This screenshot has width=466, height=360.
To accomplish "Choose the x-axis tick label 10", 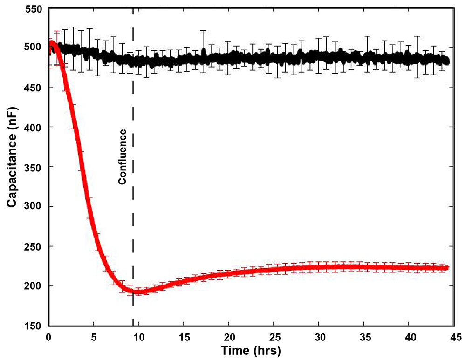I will click(138, 336).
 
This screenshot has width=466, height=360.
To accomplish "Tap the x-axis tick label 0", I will click(48, 336).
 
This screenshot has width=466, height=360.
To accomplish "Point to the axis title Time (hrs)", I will click(251, 350).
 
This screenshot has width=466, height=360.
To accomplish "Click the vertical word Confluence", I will click(123, 157).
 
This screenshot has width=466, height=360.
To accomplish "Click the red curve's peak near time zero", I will click(52, 44).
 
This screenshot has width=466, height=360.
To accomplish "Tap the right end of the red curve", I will click(447, 268).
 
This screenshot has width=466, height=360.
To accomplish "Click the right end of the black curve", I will click(448, 61).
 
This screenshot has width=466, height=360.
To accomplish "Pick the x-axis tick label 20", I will click(228, 336).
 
